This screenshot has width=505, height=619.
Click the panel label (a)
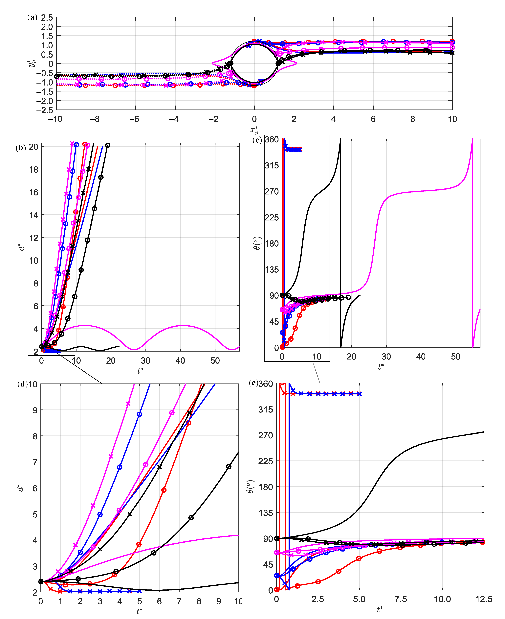click(x=32, y=17)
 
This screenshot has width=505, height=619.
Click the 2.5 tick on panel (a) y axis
click(x=47, y=17)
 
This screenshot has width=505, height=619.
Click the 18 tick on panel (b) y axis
click(x=34, y=169)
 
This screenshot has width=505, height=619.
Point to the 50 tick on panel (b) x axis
click(x=215, y=361)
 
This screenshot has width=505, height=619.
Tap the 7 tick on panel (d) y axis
click(x=35, y=462)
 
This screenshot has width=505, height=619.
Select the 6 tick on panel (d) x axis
click(x=159, y=602)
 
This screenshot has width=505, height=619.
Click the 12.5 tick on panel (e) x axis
click(x=484, y=599)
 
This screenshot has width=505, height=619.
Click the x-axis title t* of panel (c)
click(x=381, y=367)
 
